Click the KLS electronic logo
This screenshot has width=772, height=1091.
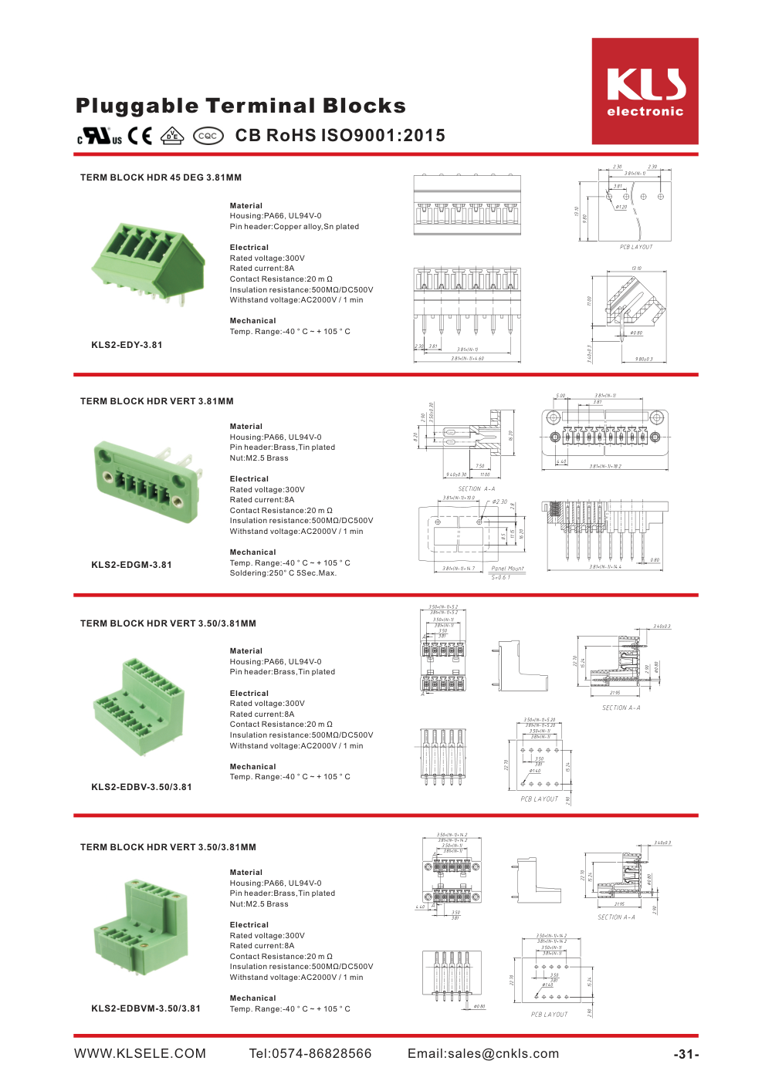pos(645,91)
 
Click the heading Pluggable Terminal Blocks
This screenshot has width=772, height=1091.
pos(240,106)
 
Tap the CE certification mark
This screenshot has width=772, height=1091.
pos(140,137)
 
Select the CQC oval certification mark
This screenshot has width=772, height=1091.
pos(208,137)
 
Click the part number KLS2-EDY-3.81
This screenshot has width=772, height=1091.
pos(127,345)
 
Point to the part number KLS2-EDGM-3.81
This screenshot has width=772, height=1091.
pos(131,565)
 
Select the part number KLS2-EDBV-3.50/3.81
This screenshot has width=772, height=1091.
pos(141,787)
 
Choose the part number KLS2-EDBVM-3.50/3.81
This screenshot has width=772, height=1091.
pos(146,1008)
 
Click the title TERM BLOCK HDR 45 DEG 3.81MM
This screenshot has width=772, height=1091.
pos(161,177)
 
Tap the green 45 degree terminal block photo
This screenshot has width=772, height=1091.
pos(148,261)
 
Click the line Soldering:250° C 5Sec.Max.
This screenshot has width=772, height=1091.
pos(283,573)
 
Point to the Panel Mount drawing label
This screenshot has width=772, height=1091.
pos(507,569)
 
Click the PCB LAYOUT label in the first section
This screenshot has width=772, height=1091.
pos(636,247)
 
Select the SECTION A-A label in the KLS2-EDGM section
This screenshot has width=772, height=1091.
pos(476,488)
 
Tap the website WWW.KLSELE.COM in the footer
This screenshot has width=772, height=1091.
pos(140,1054)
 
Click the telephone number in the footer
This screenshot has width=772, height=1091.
pos(310,1054)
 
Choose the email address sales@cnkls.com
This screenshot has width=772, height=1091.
pos(483,1054)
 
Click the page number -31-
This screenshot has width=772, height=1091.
pos(686,1055)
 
